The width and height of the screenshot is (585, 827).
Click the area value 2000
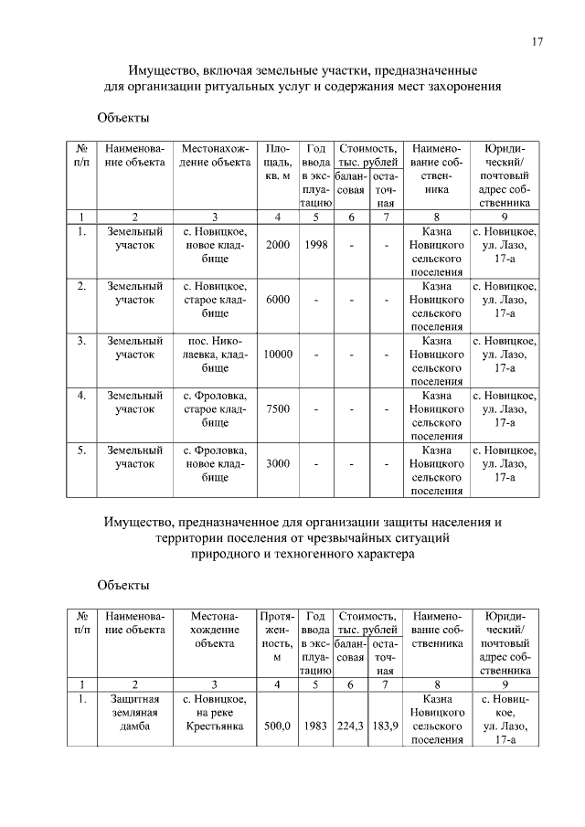[277, 245]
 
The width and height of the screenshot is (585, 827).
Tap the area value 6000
[277, 300]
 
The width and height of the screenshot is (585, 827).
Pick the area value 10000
[277, 355]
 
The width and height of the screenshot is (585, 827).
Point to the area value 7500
[277, 409]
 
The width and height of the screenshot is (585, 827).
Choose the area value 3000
[277, 463]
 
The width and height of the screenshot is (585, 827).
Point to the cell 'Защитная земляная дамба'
[134, 713]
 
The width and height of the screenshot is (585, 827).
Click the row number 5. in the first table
[81, 451]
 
